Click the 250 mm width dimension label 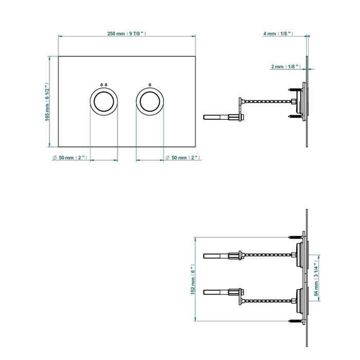click(x=127, y=33)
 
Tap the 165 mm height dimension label click(x=47, y=102)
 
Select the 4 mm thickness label click(x=278, y=33)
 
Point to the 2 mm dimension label click(x=286, y=66)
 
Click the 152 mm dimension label click(x=193, y=279)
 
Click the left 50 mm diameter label click(x=70, y=158)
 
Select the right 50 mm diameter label click(x=183, y=158)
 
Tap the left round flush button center click(x=104, y=101)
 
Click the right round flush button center click(x=150, y=101)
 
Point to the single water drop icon click(x=150, y=85)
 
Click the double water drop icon click(x=104, y=85)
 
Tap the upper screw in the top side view click(x=295, y=90)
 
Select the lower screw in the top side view click(x=295, y=116)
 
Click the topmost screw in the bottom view click(x=295, y=237)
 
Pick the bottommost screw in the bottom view click(x=295, y=321)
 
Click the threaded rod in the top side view click(x=267, y=101)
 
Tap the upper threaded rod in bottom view click(x=267, y=255)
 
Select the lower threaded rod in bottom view click(x=267, y=300)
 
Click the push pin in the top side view click(x=223, y=117)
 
